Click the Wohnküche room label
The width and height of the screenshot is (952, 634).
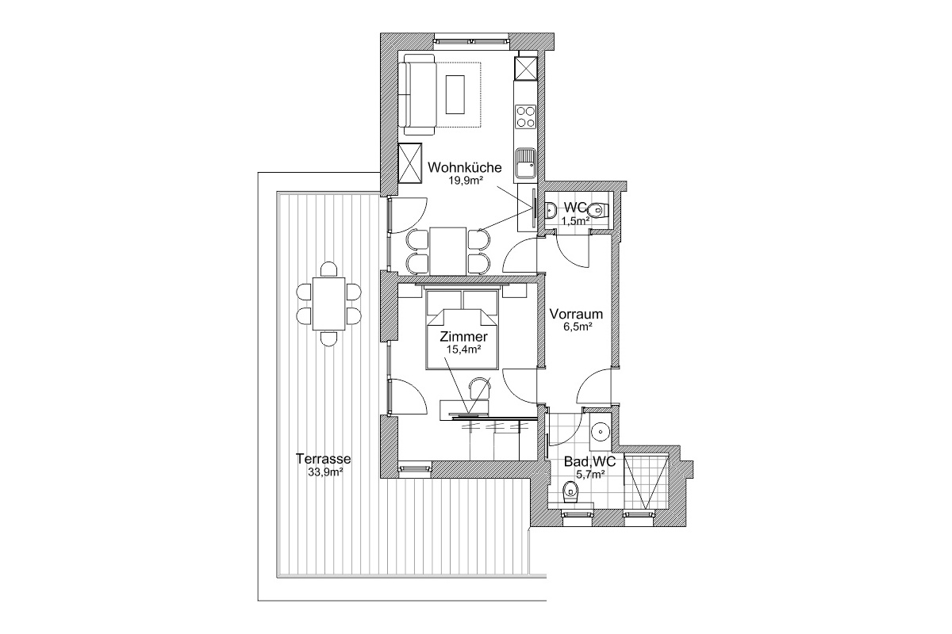tap(465, 167)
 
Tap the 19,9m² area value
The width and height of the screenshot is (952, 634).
tap(466, 180)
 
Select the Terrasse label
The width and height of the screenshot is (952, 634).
tap(324, 459)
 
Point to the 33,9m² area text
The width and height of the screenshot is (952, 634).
tap(325, 472)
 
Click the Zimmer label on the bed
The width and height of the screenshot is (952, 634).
tap(463, 337)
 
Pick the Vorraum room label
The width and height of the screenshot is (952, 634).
tap(576, 315)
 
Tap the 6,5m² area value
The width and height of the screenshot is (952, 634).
tap(578, 327)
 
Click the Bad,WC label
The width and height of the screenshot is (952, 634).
tap(589, 461)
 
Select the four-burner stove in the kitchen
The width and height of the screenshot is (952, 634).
tap(525, 117)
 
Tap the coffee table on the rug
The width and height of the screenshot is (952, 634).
tap(455, 94)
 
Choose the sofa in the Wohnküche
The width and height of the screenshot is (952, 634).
tap(419, 94)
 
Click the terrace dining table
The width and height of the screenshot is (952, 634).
tap(328, 304)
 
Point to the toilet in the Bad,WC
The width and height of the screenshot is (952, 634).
tap(570, 493)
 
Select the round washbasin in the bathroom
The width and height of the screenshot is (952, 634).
tap(600, 431)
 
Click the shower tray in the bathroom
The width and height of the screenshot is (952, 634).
tap(646, 482)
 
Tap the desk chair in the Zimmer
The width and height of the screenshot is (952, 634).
tap(480, 388)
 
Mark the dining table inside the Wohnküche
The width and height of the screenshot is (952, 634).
tap(447, 251)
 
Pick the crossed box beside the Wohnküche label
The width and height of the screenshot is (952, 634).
tap(410, 163)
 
